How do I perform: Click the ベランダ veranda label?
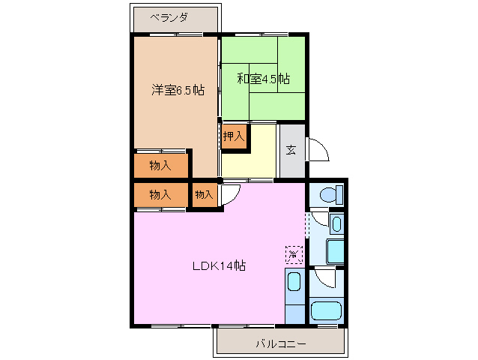pos(169,16)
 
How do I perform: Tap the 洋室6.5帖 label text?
pos(178,90)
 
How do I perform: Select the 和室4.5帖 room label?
pos(264,78)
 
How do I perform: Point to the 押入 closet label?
pos(234,136)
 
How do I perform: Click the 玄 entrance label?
pos(291,149)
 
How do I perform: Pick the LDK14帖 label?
pos(219,265)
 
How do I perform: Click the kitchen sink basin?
pos(294,283)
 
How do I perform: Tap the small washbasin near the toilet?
pos(336,223)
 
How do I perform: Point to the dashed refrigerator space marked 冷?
pos(294,255)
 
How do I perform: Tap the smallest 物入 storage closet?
pos(204,194)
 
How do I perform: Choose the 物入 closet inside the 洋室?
pos(160,165)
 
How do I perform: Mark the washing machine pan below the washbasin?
pos(327,251)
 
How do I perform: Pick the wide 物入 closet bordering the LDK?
pos(160,194)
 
